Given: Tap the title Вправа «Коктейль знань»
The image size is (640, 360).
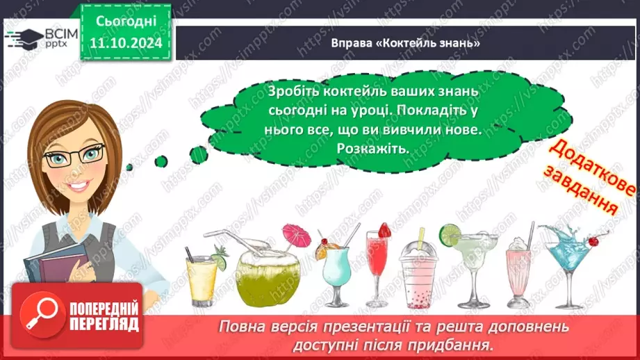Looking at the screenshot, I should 407,43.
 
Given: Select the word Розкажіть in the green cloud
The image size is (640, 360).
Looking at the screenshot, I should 372,149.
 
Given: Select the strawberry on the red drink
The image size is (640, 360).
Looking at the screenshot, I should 384,229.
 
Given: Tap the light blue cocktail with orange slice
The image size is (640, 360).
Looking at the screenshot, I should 334,268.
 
